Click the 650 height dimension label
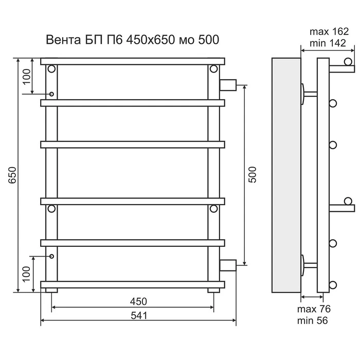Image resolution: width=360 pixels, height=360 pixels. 12,175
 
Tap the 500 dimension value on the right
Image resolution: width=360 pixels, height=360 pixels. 253,175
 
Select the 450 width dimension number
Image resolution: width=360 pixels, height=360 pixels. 138,301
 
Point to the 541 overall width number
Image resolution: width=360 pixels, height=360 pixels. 139,316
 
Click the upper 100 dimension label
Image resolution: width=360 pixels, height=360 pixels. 27,77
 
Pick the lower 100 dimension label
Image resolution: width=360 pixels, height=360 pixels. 27,274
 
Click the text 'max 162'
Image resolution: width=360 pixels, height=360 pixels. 329,32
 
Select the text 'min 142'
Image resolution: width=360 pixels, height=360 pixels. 328,43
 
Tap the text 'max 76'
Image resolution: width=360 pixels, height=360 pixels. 314,309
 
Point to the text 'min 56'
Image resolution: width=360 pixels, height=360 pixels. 312,320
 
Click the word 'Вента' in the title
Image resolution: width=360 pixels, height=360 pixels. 63,40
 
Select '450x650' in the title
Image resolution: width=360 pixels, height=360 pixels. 150,40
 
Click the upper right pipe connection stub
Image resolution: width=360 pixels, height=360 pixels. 228,85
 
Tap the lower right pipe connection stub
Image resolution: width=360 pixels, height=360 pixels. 228,265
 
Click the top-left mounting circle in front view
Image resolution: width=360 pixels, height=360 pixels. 51,68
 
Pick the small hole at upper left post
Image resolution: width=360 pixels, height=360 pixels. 51,94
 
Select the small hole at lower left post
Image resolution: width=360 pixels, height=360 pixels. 51,256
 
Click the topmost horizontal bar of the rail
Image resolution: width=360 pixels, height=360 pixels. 133,61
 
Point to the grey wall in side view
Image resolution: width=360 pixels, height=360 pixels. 286,175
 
